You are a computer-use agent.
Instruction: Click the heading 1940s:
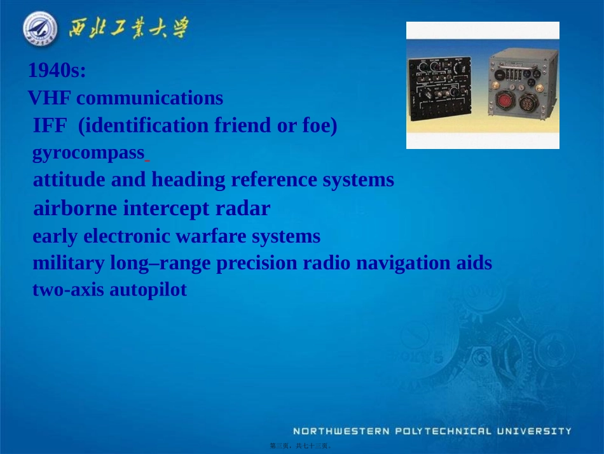point(57,71)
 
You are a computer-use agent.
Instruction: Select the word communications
point(149,98)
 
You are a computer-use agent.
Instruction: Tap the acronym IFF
point(50,125)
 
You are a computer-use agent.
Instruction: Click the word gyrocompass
point(88,153)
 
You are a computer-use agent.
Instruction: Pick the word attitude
point(69,180)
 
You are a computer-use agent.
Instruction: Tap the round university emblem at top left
point(39,29)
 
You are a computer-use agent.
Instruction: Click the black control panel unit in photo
point(444,86)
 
